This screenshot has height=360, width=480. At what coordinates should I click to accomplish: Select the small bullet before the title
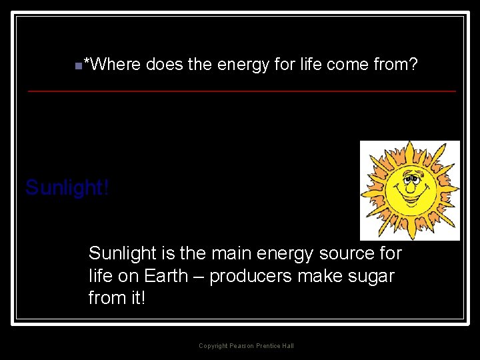pos(78,65)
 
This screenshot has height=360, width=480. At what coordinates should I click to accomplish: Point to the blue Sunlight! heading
pos(67,188)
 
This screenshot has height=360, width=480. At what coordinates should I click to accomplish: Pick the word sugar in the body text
pos(371,276)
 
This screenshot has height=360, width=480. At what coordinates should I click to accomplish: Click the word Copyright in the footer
pos(213,345)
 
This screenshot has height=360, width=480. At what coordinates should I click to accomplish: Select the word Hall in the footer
pos(287,345)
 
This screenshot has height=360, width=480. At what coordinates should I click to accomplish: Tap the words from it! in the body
pos(117,298)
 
